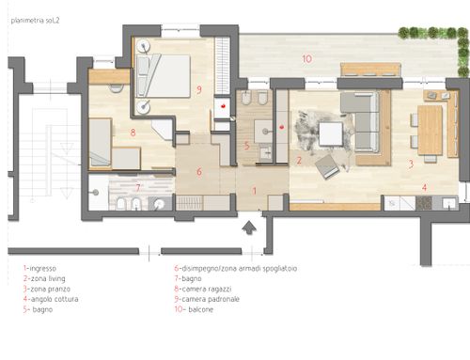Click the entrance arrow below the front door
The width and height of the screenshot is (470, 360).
[249, 227]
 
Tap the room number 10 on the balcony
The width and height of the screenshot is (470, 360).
[307, 58]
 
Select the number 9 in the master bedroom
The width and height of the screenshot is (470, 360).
[199, 90]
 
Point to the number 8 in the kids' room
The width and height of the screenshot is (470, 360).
[133, 133]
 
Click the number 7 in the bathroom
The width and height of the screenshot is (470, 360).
[138, 188]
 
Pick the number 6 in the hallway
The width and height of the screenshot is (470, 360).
[199, 171]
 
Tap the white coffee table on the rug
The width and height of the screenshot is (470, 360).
[331, 133]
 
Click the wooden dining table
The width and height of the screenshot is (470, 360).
[430, 130]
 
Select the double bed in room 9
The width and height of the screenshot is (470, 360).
[164, 76]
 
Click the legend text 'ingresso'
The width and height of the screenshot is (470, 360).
[43, 269]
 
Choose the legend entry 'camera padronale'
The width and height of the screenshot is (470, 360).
[211, 299]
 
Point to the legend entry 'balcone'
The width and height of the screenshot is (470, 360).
[201, 309]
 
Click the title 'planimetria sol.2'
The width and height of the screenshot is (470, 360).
[35, 21]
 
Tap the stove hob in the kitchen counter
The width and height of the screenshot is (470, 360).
[424, 203]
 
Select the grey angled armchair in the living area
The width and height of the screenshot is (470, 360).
[327, 167]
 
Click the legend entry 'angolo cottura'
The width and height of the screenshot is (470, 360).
[55, 299]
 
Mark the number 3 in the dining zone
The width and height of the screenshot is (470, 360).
[411, 164]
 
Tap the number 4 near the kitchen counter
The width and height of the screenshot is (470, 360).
[424, 187]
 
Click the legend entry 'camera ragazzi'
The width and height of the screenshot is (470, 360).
[207, 289]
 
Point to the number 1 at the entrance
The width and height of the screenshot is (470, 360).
[255, 191]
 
